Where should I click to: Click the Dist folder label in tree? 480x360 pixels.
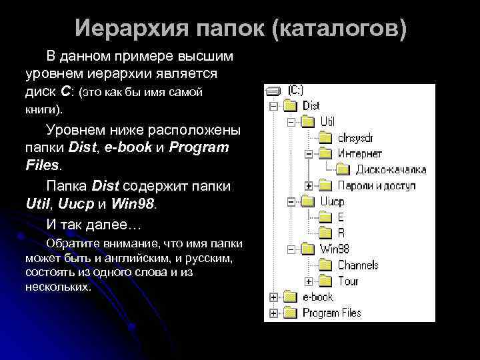click(311, 106)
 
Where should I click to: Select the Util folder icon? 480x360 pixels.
click(307, 121)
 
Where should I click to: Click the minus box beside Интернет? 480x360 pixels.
click(307, 153)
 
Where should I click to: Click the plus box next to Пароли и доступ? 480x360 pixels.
click(307, 185)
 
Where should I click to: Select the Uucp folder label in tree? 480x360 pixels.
click(332, 201)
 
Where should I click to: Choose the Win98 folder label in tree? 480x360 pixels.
click(335, 249)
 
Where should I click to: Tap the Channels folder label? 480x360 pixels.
click(357, 265)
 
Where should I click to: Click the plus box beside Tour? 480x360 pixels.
click(307, 281)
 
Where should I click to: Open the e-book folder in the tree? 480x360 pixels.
click(317, 297)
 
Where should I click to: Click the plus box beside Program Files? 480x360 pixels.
click(273, 313)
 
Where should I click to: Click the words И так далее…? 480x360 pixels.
click(85, 222)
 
